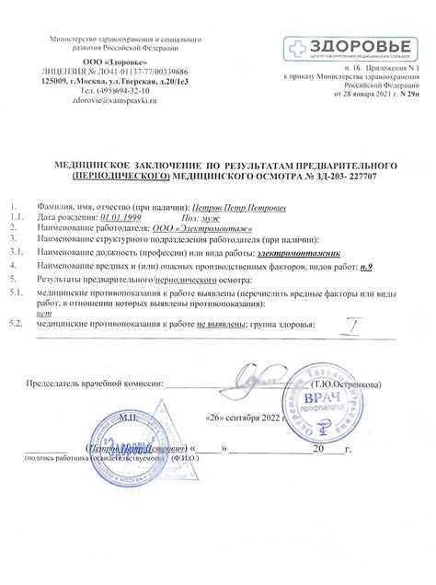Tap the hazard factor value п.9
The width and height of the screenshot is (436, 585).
pos(366,266)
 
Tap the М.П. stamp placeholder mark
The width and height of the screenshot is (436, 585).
pos(125,416)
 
